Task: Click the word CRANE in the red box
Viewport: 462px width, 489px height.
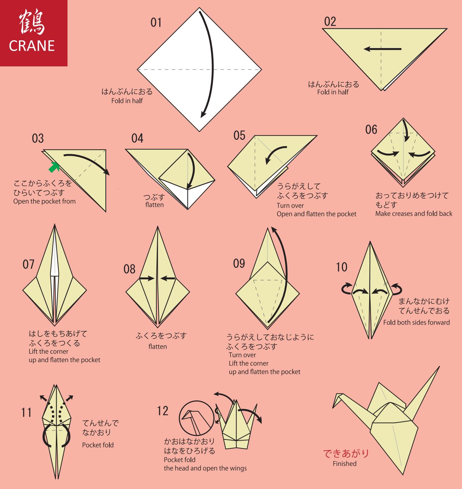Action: pyautogui.click(x=32, y=46)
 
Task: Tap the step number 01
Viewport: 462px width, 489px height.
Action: pyautogui.click(x=156, y=22)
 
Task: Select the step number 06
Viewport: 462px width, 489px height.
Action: pyautogui.click(x=371, y=130)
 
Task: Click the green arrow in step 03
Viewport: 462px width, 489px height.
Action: pyautogui.click(x=53, y=168)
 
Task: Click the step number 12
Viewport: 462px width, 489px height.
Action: pyautogui.click(x=162, y=411)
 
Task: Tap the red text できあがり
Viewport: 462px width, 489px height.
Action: pyautogui.click(x=346, y=454)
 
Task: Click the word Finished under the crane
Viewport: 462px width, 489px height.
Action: pyautogui.click(x=345, y=464)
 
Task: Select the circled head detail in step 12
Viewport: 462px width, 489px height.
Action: pyautogui.click(x=196, y=418)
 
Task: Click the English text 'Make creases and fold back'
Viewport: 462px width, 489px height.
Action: pyautogui.click(x=413, y=214)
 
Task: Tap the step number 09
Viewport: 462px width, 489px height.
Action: pyautogui.click(x=239, y=263)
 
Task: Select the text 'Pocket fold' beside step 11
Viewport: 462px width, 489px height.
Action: pyautogui.click(x=98, y=445)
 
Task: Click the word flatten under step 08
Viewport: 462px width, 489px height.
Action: pyautogui.click(x=158, y=347)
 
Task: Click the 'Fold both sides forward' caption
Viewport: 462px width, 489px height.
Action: pyautogui.click(x=416, y=322)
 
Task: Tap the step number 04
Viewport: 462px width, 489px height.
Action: pyautogui.click(x=137, y=138)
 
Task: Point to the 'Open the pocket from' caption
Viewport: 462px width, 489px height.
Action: pyautogui.click(x=44, y=201)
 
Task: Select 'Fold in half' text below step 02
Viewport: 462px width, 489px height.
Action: pyautogui.click(x=333, y=92)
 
